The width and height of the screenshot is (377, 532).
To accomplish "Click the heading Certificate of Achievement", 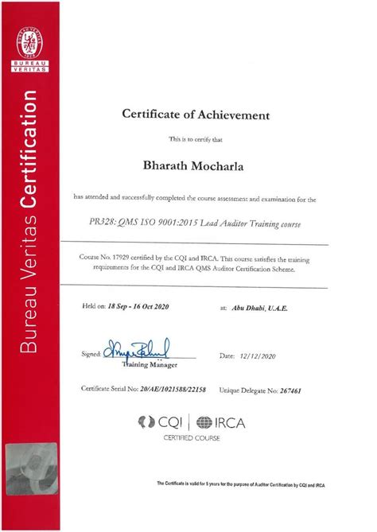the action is (x=196, y=115).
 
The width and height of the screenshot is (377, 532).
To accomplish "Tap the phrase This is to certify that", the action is (x=196, y=139).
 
